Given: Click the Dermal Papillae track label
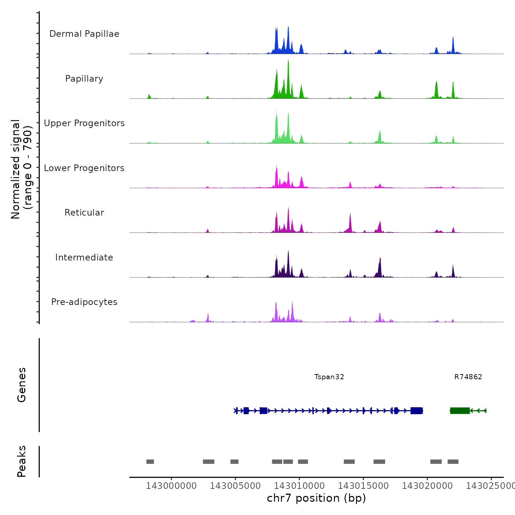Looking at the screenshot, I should point(84,34).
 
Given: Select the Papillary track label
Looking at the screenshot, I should point(84,79).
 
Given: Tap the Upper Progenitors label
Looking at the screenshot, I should point(84,123).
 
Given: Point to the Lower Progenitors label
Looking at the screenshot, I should point(84,168).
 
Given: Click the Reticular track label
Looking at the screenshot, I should point(84,213).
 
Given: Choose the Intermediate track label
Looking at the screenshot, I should point(84,257).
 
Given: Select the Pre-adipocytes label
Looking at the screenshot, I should point(84,302).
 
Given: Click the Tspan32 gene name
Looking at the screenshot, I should point(329,377).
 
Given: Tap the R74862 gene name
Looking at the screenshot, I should point(468,377).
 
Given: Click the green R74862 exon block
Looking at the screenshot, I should point(460,411).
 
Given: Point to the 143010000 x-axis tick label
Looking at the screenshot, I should point(299,486).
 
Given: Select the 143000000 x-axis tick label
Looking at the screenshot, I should point(171,486).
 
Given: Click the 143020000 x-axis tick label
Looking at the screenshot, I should point(427,486).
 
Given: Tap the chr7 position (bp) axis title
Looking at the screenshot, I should point(316,498).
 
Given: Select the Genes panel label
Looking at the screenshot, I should point(22,385).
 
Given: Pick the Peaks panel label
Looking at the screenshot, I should point(22,461).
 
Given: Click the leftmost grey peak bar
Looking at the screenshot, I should point(150,462).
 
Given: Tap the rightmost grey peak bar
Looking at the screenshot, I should point(453,462).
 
